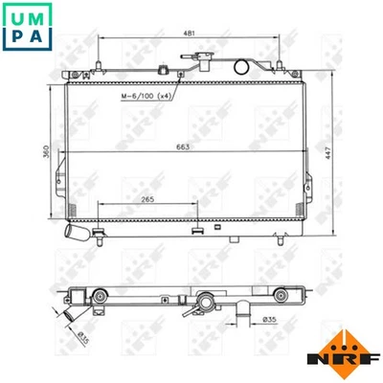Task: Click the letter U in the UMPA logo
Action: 16,16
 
